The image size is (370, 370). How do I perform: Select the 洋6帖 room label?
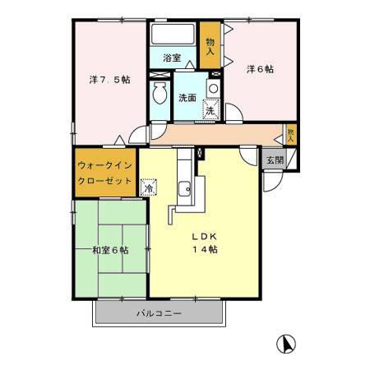[259, 70]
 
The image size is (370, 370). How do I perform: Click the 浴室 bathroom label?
[171, 58]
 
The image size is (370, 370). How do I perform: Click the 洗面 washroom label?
[187, 98]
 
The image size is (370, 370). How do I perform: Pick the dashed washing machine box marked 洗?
[210, 109]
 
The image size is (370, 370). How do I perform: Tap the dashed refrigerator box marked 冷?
[149, 188]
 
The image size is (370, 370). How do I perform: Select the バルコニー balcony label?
[159, 314]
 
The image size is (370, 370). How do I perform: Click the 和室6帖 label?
[109, 250]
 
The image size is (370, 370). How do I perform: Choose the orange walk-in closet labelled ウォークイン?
[104, 170]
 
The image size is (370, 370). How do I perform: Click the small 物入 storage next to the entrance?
[291, 133]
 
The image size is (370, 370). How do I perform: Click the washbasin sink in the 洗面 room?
[213, 88]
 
